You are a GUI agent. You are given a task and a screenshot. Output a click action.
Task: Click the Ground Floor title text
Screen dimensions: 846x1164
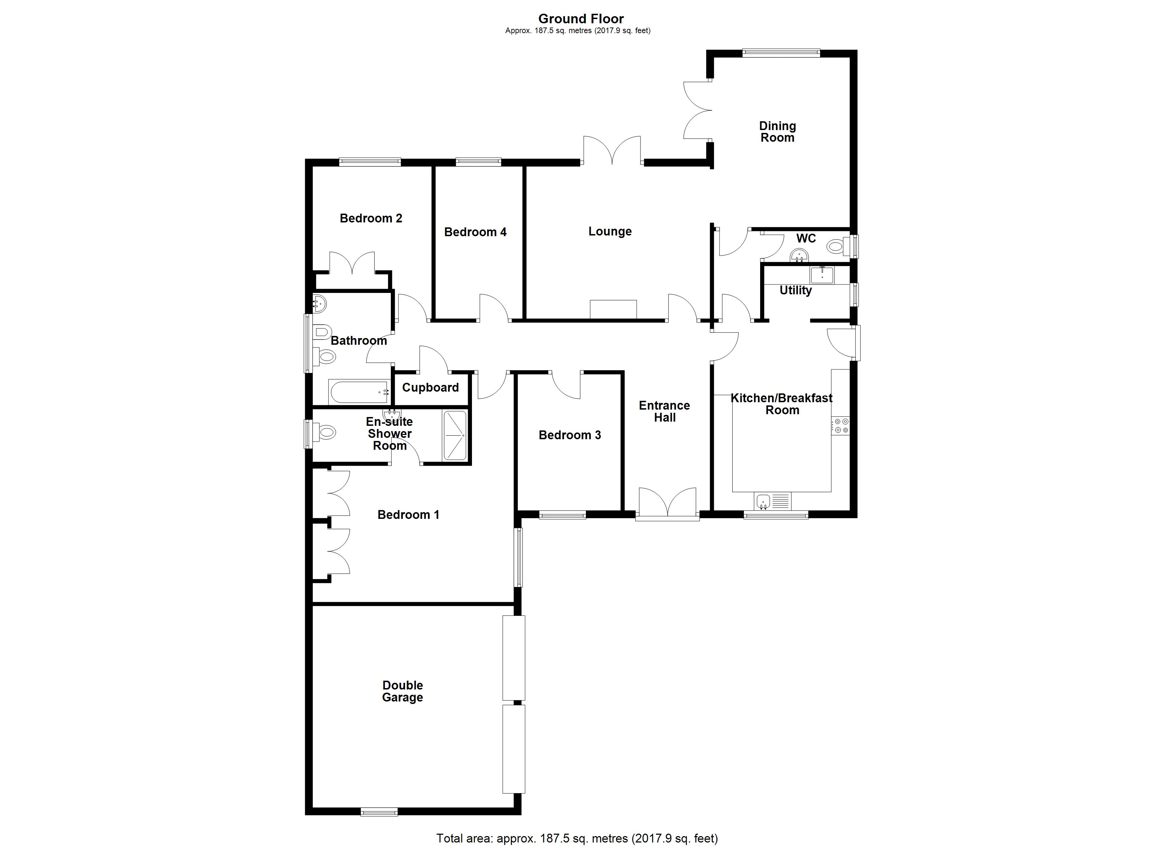581,19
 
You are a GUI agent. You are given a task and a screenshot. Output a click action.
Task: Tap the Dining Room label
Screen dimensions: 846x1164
777,132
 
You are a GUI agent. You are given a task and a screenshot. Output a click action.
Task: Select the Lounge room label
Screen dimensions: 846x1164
610,231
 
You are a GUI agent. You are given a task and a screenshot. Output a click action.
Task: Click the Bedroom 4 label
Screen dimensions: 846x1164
475,232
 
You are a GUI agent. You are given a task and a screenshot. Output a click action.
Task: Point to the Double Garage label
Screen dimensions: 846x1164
402,691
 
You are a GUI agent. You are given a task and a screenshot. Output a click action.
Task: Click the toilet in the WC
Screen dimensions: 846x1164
837,247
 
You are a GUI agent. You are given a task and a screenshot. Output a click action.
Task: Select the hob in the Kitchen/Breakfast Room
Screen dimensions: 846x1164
841,426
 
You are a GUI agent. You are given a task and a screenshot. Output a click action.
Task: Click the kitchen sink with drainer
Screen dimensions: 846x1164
773,500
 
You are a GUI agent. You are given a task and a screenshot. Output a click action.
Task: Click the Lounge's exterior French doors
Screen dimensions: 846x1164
612,150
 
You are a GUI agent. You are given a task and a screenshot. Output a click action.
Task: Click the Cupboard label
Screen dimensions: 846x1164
430,387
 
